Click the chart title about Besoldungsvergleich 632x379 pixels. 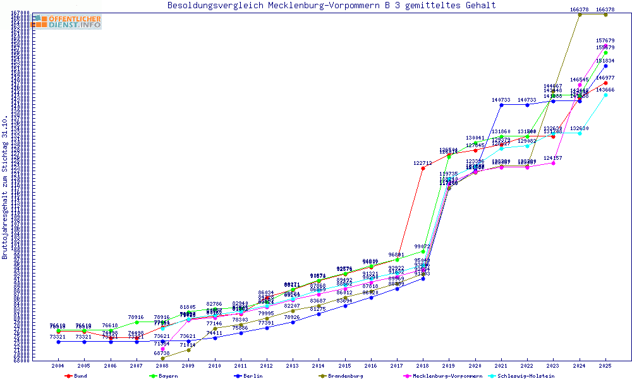coord(331,6)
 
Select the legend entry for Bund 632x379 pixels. coord(76,376)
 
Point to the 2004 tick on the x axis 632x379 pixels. coord(58,366)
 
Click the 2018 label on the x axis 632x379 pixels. coord(423,366)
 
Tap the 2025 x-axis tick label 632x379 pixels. coord(605,366)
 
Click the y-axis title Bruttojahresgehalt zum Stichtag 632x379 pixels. coord(6,187)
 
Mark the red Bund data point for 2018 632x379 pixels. coord(423,169)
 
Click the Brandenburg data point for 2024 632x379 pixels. coord(580,15)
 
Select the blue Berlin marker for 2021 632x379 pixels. coord(501,105)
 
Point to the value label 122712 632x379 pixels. coord(423,163)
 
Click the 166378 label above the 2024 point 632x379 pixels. coord(580,9)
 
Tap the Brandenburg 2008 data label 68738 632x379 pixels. coord(162,352)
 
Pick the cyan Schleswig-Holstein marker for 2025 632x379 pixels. coord(605,95)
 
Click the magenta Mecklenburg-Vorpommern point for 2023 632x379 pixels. coord(553,163)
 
